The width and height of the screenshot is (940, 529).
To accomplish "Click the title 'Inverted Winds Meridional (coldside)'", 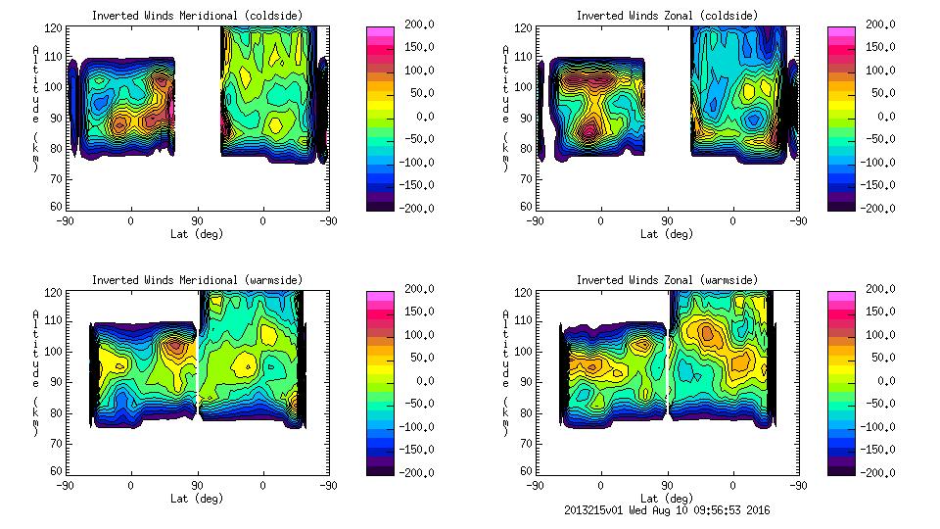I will pyautogui.click(x=197, y=16).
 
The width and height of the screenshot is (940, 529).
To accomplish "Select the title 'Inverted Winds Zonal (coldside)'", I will pyautogui.click(x=667, y=16).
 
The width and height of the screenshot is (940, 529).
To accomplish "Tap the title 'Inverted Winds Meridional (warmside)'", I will pyautogui.click(x=197, y=280).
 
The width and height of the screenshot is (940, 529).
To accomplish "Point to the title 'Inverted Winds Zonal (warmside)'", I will pyautogui.click(x=667, y=280).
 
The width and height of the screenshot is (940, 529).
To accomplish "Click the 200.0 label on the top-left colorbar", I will pyautogui.click(x=412, y=24).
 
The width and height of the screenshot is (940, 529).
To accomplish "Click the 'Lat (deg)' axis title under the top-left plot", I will pyautogui.click(x=197, y=234).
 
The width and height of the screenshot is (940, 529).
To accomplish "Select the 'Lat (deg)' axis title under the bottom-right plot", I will pyautogui.click(x=667, y=499).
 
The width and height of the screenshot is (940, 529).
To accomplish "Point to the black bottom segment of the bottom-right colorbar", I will pyautogui.click(x=841, y=468).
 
